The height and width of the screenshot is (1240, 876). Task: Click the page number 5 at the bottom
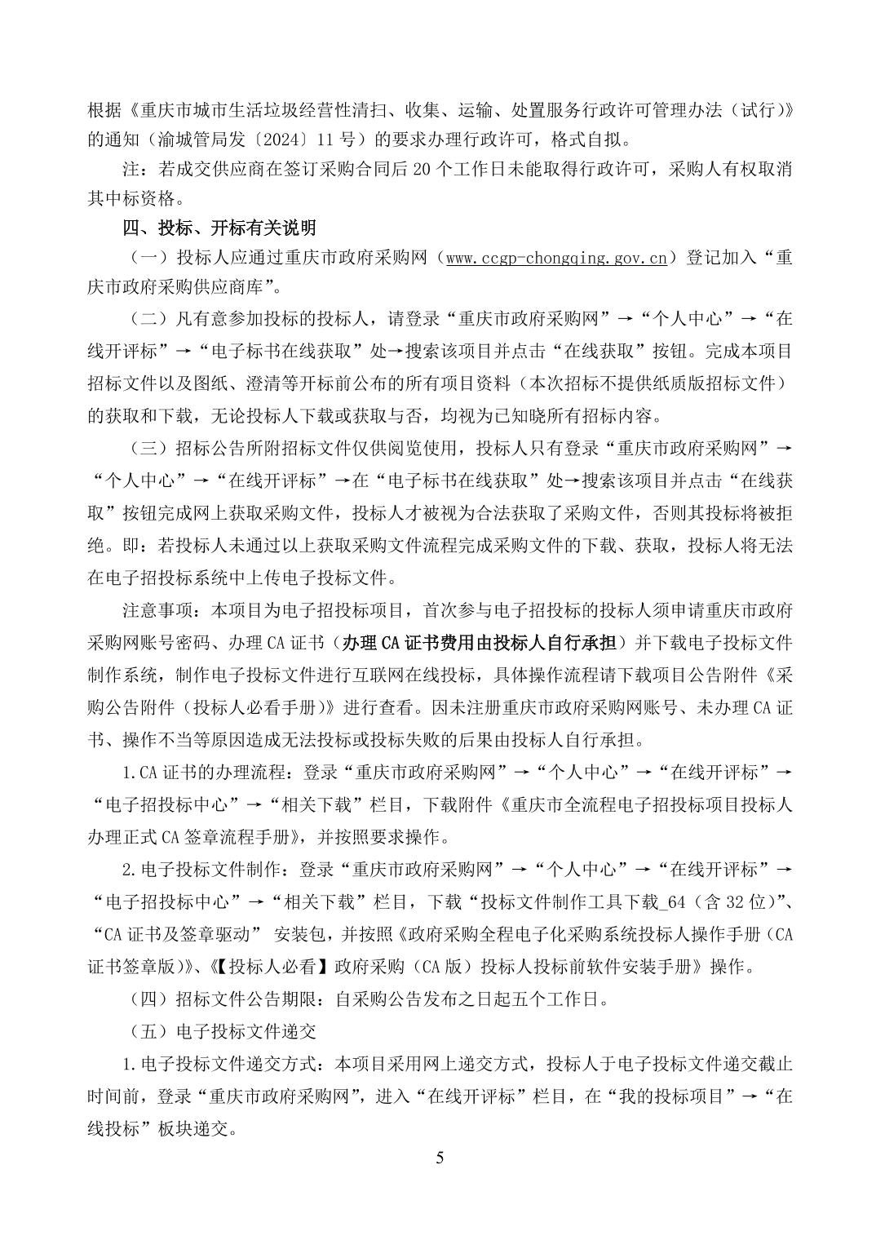[x=440, y=1158]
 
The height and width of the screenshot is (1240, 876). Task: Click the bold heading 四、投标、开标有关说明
[x=219, y=228]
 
